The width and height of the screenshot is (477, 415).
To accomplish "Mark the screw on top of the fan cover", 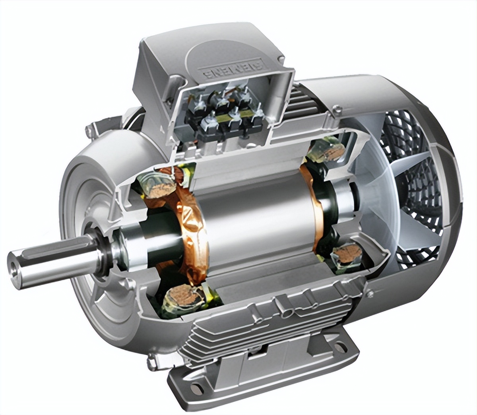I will click(337, 108).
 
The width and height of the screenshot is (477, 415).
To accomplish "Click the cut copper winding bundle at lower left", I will click(179, 296).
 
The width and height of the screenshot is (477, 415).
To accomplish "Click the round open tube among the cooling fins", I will click(285, 314).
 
